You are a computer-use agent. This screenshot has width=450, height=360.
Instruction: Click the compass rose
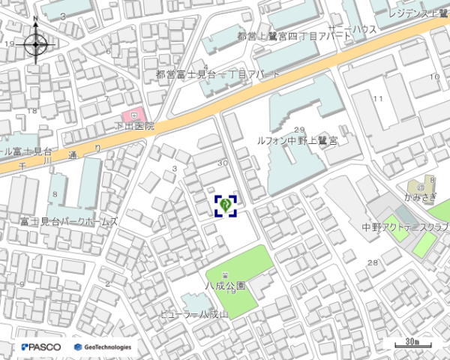(36, 45)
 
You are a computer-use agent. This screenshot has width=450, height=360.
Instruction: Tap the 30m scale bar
(408, 343)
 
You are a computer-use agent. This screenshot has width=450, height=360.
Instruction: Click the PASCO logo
(42, 347)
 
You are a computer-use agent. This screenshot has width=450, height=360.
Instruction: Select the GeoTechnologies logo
(103, 347)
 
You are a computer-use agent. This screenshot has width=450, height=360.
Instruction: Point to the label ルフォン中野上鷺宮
(297, 140)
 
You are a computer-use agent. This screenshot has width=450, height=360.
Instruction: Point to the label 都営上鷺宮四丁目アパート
(283, 36)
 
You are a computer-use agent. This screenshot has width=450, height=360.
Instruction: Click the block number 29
(300, 130)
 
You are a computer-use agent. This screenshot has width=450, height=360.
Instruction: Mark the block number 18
(32, 110)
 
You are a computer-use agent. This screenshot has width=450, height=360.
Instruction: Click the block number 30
(221, 163)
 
